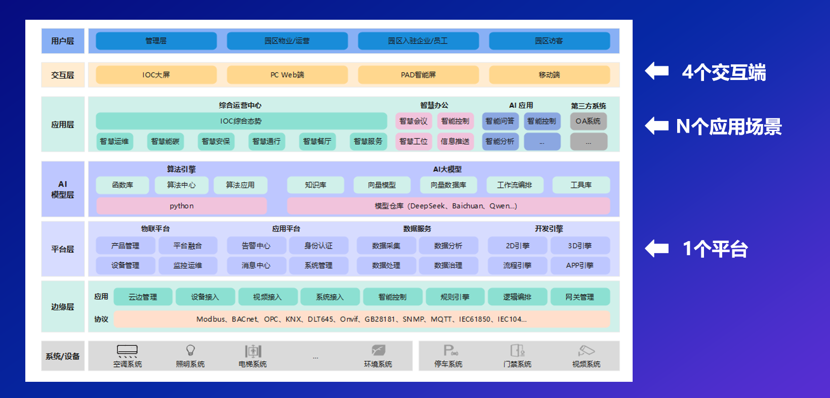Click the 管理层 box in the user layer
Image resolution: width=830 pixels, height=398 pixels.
tap(156, 41)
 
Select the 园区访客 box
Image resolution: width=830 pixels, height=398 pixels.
tap(549, 41)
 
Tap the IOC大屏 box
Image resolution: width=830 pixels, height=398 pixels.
tap(156, 75)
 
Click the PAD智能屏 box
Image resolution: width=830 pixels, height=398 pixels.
tap(418, 75)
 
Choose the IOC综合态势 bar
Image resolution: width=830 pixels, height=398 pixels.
tap(241, 121)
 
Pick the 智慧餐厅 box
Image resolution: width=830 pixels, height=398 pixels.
tap(317, 141)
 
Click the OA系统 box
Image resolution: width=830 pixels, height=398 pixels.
tap(588, 121)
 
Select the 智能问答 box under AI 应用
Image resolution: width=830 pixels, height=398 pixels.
tap(500, 121)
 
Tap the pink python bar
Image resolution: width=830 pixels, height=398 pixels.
tap(181, 206)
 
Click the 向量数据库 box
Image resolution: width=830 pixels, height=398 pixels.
tap(448, 185)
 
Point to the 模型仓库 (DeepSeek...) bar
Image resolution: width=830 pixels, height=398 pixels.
tap(448, 206)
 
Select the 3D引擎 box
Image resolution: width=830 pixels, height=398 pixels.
tap(579, 246)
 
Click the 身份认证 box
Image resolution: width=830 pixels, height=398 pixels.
tap(318, 246)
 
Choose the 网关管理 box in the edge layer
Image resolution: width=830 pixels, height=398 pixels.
tap(579, 297)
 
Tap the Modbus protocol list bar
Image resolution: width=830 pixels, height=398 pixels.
tap(361, 320)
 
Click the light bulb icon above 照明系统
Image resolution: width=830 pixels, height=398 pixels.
tap(190, 350)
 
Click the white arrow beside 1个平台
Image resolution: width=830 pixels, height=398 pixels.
tap(657, 249)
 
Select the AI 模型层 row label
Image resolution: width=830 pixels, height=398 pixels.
tap(63, 189)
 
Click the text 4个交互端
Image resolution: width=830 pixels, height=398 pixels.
tap(724, 72)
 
